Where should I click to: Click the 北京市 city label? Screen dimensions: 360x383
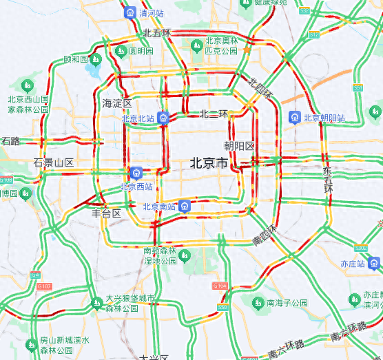click(209, 163)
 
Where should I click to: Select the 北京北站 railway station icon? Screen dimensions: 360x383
click(163, 118)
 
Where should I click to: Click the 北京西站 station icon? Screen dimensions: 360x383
click(136, 172)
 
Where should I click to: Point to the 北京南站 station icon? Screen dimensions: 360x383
click(184, 206)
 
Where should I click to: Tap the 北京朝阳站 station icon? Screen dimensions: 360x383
click(295, 118)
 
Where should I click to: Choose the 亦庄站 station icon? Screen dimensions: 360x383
click(374, 263)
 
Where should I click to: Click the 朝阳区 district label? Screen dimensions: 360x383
click(240, 146)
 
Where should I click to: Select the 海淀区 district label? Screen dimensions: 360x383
click(117, 103)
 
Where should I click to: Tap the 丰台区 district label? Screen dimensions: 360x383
click(107, 213)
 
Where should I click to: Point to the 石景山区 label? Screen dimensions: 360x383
click(53, 162)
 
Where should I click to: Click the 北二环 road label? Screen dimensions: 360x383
click(214, 114)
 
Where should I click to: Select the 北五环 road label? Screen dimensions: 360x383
click(157, 33)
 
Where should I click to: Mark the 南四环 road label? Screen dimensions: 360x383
click(265, 234)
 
